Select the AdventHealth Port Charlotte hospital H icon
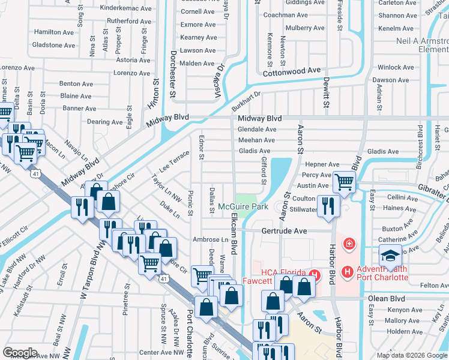(x=347, y=272)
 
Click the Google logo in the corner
(x=20, y=353)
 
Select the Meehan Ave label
(x=257, y=140)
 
